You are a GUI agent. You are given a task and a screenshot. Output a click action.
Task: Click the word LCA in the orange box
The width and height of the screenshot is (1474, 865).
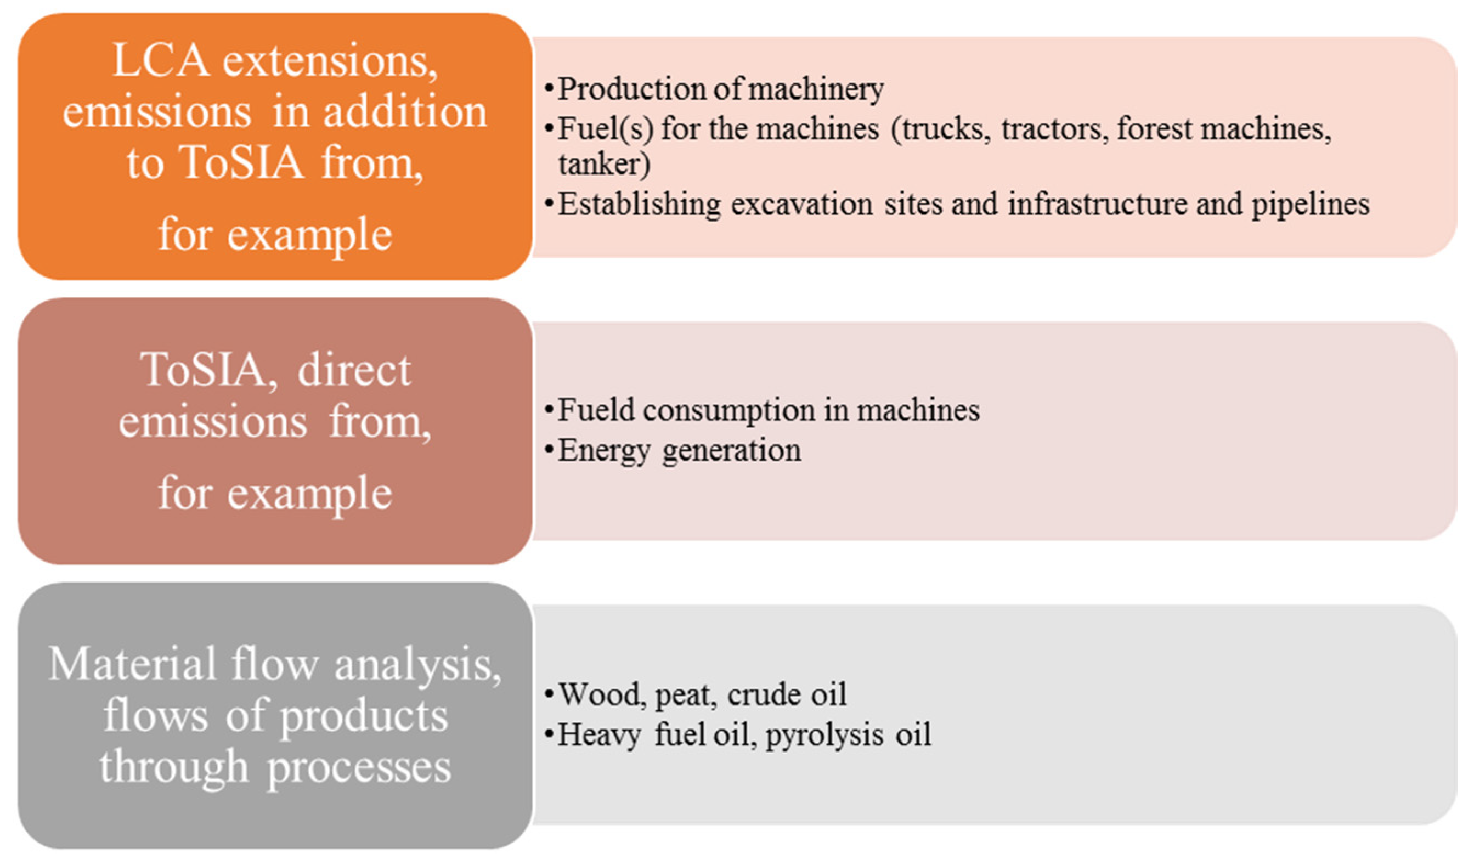(x=160, y=60)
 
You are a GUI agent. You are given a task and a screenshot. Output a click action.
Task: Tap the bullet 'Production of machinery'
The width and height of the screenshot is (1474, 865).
(x=720, y=89)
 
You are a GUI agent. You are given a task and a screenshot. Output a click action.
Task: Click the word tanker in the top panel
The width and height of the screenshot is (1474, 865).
(x=603, y=165)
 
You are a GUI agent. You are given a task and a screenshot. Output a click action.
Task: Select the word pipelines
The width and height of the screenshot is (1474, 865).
(x=1310, y=205)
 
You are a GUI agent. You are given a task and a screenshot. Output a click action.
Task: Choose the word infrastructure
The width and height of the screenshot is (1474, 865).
(x=1097, y=205)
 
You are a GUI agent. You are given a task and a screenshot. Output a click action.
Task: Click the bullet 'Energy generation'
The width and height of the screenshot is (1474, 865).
(x=679, y=451)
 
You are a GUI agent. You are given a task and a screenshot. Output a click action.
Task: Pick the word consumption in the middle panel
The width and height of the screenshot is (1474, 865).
(x=729, y=410)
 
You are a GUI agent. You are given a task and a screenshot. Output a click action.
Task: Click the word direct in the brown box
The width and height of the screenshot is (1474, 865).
(x=354, y=370)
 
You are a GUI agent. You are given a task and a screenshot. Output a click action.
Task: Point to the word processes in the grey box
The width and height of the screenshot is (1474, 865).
(x=359, y=767)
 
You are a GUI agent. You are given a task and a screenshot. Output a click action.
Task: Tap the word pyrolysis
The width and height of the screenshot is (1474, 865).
(x=824, y=734)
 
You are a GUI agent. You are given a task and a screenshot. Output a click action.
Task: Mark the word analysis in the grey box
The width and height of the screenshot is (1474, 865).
(x=417, y=665)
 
